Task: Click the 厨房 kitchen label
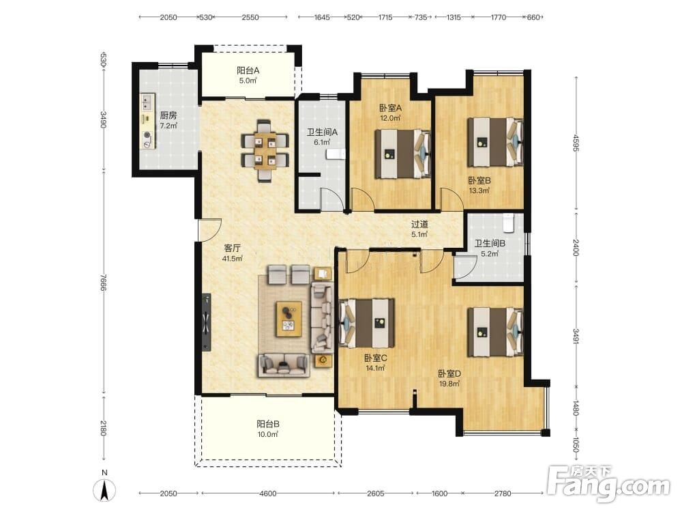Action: (168, 115)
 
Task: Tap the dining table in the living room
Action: (265, 151)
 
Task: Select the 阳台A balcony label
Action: (248, 70)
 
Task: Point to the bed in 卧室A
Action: (403, 154)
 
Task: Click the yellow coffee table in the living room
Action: (288, 319)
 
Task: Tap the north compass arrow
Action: (104, 491)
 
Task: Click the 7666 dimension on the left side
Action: (103, 283)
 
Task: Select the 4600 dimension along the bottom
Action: (267, 494)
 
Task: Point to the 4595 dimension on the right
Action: (576, 143)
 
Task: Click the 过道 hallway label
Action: (419, 224)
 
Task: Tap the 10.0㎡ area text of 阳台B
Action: (267, 434)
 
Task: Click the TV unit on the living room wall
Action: (206, 322)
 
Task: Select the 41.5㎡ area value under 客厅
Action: (233, 259)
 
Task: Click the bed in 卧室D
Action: (495, 332)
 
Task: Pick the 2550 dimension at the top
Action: (250, 18)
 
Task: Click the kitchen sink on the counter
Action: (146, 103)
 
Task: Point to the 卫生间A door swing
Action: (331, 199)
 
